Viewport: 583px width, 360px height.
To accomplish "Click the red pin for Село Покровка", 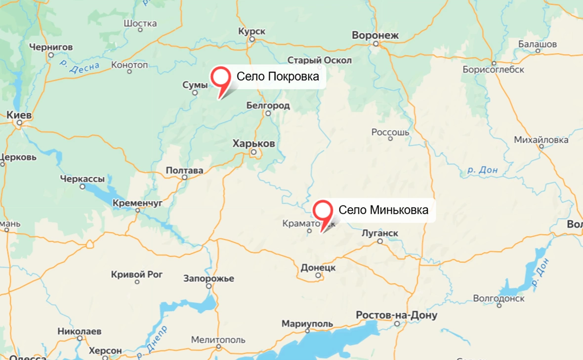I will click(x=221, y=78).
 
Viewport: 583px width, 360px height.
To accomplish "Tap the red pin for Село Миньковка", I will click(x=323, y=211).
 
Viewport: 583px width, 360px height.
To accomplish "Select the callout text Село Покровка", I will click(x=278, y=77).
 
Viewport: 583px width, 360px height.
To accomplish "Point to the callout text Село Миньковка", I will click(x=383, y=210).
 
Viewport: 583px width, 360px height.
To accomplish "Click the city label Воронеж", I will click(x=375, y=35).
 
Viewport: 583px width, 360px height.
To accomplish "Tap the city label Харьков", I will click(x=253, y=143).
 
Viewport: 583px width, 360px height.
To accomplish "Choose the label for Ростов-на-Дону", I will click(x=396, y=315).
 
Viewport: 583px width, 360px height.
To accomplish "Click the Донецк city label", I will click(x=318, y=268).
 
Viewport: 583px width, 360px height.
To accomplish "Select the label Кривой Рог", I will click(x=137, y=274).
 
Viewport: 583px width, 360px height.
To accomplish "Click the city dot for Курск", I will click(x=251, y=39).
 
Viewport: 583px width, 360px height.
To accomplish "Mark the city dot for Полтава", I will click(x=184, y=177).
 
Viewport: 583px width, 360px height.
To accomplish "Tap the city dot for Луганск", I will click(x=380, y=241).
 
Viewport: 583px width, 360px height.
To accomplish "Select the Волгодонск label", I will click(x=499, y=298).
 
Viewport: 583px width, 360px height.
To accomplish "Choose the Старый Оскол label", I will click(x=320, y=60).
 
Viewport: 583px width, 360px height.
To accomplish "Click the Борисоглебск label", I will click(x=493, y=70).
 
